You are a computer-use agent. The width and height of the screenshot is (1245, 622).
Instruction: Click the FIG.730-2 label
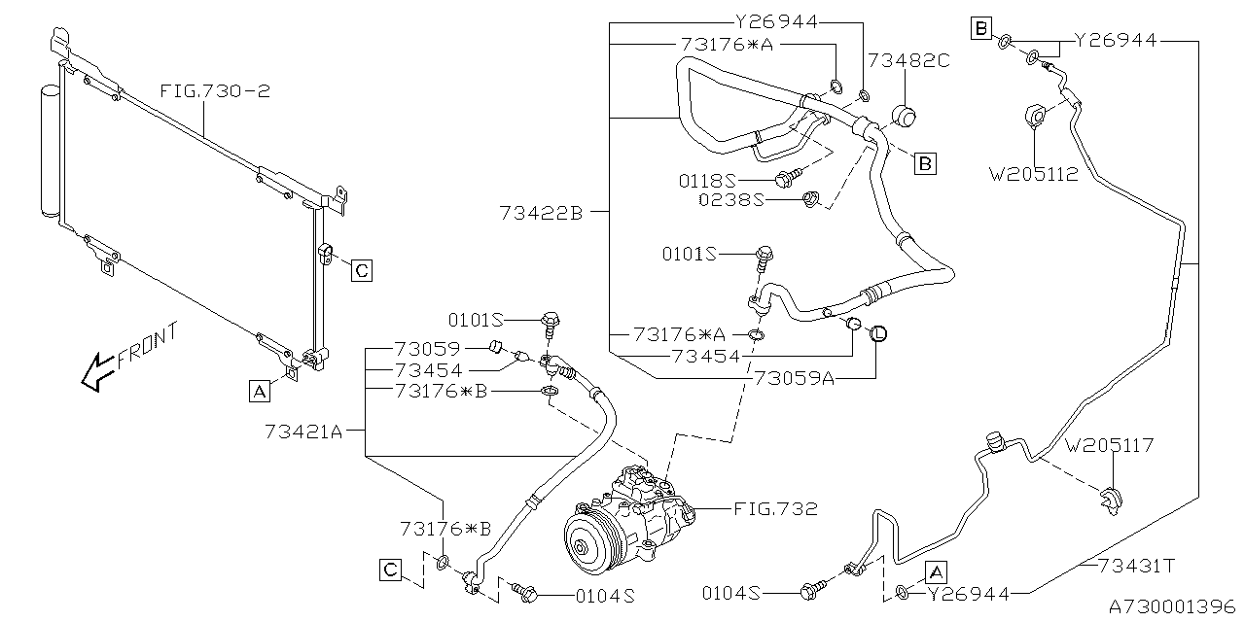tap(215, 92)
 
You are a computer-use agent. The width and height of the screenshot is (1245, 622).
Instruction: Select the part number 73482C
tap(908, 60)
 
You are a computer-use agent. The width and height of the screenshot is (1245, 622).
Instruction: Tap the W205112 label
tap(1034, 176)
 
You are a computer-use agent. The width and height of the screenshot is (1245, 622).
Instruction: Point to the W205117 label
tap(1110, 446)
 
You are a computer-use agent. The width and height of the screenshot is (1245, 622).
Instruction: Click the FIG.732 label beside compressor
tap(776, 508)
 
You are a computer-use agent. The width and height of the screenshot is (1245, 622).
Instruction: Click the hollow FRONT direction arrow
tap(96, 370)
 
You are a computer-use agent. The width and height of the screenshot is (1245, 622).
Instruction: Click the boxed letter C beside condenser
tap(361, 270)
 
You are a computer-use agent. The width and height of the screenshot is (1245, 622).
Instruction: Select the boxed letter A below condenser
tap(259, 391)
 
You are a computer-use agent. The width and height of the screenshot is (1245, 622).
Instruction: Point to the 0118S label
tap(735, 180)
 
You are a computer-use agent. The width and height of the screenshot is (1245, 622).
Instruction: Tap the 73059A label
tap(794, 378)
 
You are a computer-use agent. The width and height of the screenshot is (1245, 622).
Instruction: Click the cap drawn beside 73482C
tap(906, 116)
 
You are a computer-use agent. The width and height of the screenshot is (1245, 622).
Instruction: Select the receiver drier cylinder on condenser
tap(51, 151)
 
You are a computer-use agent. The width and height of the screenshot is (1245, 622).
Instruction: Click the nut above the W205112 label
tap(1035, 117)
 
